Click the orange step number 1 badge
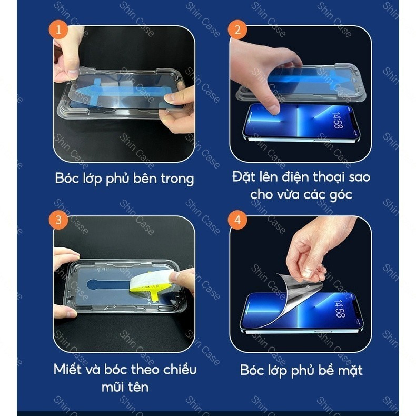coord(58,29)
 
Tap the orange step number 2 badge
coord(237,29)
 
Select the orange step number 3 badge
coord(58,220)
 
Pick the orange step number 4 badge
coord(237,220)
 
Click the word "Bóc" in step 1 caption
coord(65,178)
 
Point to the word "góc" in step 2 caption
coord(341,195)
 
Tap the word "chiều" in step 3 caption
coord(180,369)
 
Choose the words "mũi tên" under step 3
coord(125,387)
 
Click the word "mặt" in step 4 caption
coord(350,370)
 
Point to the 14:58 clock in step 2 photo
coord(337,121)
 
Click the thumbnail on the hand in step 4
coord(307,272)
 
